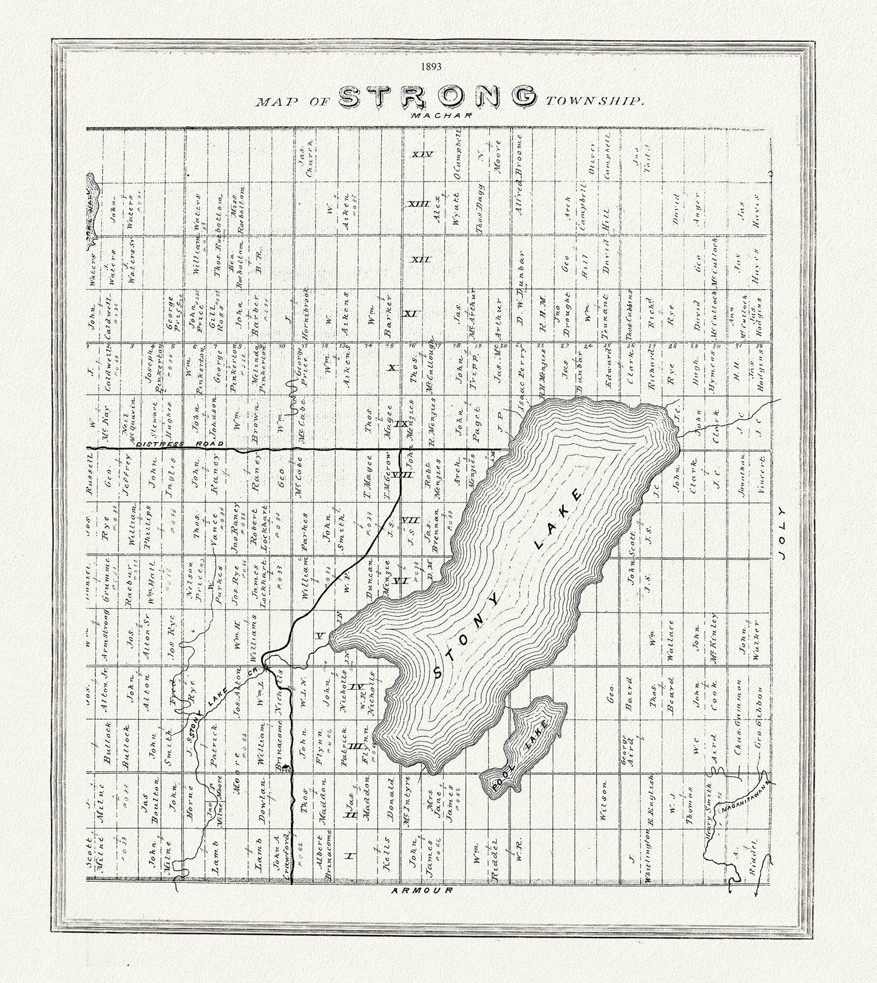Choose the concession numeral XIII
point(418,203)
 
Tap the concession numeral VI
point(399,581)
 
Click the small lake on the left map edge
point(92,209)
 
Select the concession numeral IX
point(401,423)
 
